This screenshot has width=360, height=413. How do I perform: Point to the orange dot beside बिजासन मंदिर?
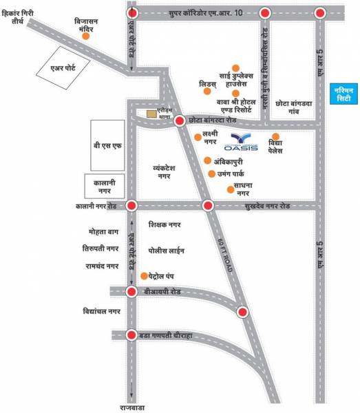pos(86,37)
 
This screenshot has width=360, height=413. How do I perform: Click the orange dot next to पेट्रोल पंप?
pos(143,276)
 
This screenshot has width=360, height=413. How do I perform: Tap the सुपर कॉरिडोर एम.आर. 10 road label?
pos(200,12)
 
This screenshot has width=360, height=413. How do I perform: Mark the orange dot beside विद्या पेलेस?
pos(275,136)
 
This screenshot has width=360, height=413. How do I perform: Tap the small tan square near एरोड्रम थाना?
pos(150,114)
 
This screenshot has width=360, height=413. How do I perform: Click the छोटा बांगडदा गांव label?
pos(294,104)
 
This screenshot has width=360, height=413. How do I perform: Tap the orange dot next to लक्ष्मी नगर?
pos(198,138)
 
